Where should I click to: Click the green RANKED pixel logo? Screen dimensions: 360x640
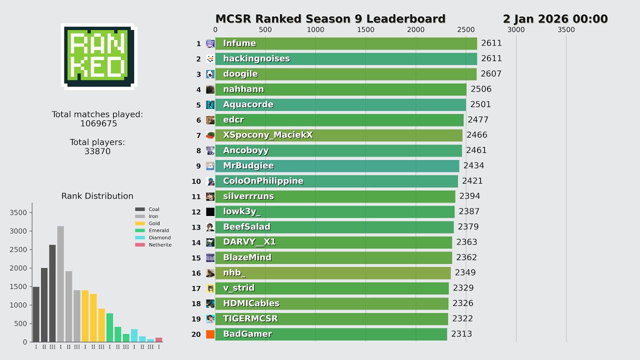[98, 56]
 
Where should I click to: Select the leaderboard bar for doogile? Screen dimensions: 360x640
[345, 74]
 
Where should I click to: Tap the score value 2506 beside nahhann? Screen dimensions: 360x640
[481, 89]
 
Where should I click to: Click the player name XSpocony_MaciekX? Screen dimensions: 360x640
[268, 135]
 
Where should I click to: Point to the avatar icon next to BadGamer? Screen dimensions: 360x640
[210, 334]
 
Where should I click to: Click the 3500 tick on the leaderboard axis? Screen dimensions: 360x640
[566, 29]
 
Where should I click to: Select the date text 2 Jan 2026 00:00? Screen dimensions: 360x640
[555, 19]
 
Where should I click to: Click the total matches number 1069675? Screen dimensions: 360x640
[98, 123]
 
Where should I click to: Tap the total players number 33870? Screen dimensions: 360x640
[97, 151]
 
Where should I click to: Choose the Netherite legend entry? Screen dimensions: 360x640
[159, 245]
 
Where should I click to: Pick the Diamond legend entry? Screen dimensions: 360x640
[159, 238]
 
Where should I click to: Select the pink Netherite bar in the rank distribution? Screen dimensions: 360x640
[159, 339]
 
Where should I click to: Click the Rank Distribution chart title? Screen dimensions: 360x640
[97, 196]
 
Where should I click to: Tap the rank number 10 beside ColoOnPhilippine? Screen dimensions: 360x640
[196, 181]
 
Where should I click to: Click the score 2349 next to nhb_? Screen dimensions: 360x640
[465, 273]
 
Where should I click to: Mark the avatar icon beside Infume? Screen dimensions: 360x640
[210, 43]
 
